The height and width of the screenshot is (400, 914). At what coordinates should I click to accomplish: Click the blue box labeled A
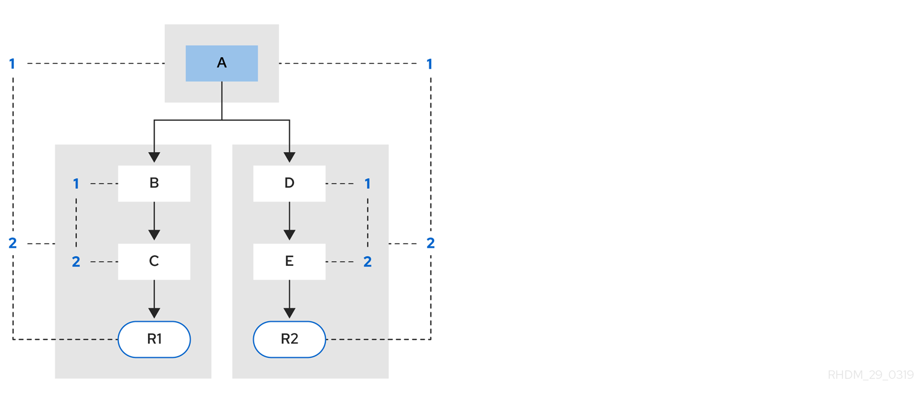[x=221, y=63]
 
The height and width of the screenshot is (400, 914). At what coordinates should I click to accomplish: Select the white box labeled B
[x=154, y=183]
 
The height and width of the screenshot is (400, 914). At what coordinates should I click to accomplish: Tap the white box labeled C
[x=154, y=262]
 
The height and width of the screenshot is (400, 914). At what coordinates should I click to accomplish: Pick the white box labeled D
[x=289, y=183]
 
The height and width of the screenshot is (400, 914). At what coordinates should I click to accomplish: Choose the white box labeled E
[x=289, y=262]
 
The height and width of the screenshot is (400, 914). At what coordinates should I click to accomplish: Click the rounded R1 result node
[x=154, y=339]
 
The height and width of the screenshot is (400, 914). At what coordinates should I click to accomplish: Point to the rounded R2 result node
[x=289, y=339]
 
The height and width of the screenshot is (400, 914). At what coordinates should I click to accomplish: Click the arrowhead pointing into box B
[x=154, y=157]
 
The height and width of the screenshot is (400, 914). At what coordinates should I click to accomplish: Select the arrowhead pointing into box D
[x=289, y=157]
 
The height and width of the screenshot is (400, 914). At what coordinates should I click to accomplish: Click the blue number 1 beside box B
[x=76, y=183]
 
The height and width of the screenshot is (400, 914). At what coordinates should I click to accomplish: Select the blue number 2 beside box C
[x=76, y=262]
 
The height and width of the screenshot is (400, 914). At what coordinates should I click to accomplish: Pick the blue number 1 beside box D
[x=367, y=183]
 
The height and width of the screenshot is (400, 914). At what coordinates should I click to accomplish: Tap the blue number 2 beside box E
[x=367, y=262]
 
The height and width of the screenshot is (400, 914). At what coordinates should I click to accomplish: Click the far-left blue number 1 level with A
[x=12, y=63]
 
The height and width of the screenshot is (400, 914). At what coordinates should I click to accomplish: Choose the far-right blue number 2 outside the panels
[x=431, y=244]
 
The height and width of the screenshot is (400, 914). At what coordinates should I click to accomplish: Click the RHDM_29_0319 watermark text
[x=870, y=375]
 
